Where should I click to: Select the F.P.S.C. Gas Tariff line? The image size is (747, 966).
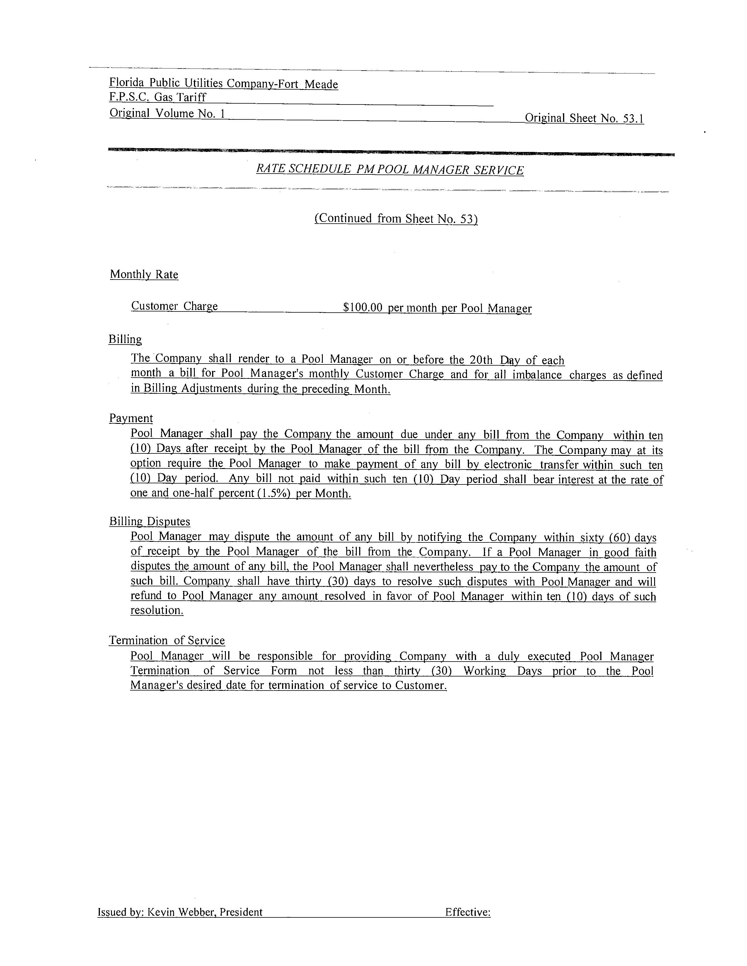[x=158, y=97]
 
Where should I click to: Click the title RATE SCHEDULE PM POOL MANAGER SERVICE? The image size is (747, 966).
[x=389, y=170]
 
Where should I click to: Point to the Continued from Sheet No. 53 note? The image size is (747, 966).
[x=396, y=218]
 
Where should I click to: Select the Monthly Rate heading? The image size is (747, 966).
[x=144, y=275]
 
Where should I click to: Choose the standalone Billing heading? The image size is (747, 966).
[x=125, y=339]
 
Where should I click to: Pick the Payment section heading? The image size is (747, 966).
[x=131, y=418]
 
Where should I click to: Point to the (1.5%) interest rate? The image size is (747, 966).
[x=274, y=494]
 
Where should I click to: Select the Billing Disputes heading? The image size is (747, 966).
[x=150, y=521]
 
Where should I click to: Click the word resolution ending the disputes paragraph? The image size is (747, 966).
[x=157, y=610]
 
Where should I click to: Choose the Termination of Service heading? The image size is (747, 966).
[x=167, y=640]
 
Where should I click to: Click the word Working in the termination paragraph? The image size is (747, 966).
[x=484, y=671]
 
